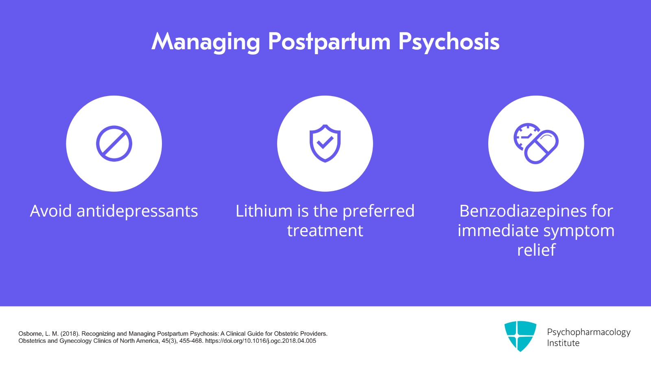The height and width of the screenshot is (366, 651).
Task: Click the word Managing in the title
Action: [x=205, y=42]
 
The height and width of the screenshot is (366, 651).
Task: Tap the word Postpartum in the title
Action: [x=329, y=42]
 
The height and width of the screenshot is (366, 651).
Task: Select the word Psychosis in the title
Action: [x=449, y=42]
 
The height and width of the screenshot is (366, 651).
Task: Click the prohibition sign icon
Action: [x=114, y=143]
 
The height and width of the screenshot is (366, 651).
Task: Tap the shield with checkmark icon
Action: [x=325, y=143]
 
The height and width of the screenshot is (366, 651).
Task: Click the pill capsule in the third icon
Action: [x=542, y=147]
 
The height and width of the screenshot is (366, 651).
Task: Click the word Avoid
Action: [x=51, y=211]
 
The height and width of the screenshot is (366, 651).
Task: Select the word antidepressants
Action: [x=137, y=211]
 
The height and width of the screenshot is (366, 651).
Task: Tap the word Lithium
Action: [x=264, y=211]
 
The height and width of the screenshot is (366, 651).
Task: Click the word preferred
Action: [x=378, y=211]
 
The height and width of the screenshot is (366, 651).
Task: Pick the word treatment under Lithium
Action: [x=325, y=231]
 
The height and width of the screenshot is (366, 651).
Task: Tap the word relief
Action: [x=536, y=250]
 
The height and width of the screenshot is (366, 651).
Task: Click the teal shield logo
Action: [x=520, y=335]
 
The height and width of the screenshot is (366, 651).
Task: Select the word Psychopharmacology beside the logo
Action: [x=588, y=332]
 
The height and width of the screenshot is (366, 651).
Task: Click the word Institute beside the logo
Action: [x=563, y=343]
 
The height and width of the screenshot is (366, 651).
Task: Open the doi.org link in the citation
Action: [x=260, y=341]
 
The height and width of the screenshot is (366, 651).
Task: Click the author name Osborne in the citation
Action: [x=30, y=333]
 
